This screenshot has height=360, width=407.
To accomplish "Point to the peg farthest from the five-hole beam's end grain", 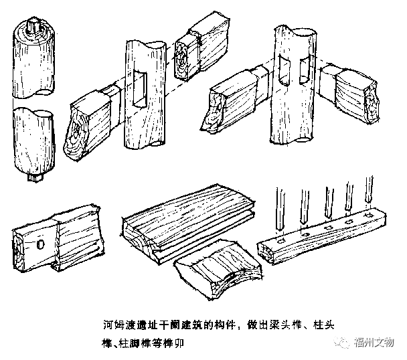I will (x=368, y=194).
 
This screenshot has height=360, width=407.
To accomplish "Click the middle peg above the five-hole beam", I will (x=327, y=201).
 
